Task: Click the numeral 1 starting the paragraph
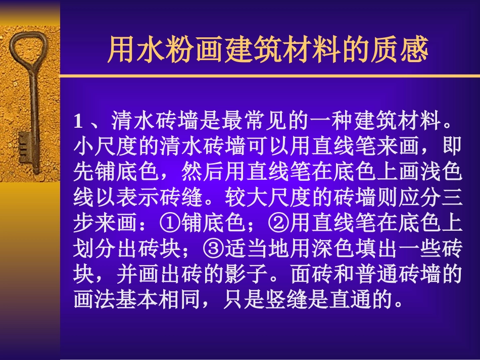click(78, 121)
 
